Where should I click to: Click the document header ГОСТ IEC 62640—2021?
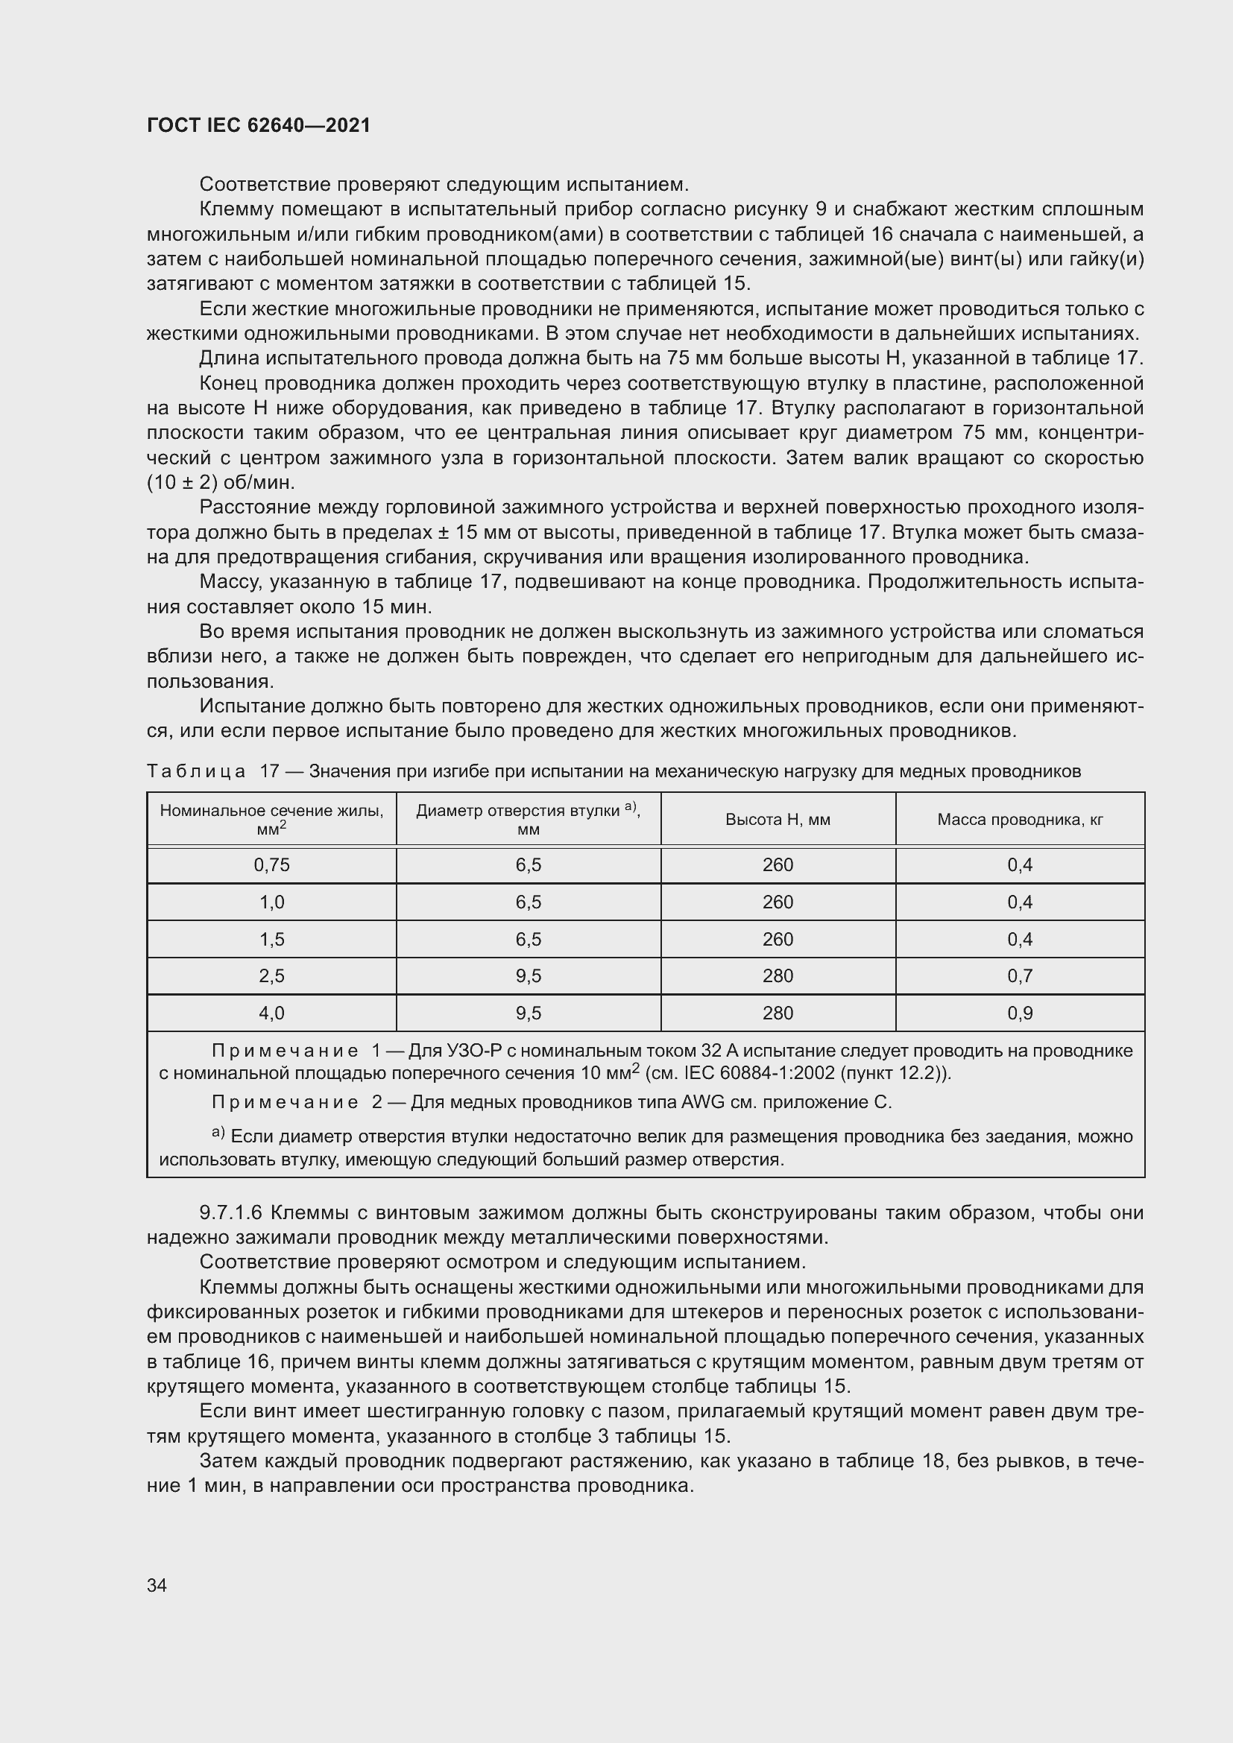259,125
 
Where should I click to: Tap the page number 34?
157,1585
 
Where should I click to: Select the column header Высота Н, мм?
778,819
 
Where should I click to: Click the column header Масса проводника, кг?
1020,819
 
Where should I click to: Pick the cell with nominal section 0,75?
272,864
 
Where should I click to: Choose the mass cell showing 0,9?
1020,1013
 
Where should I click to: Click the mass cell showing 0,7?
1020,975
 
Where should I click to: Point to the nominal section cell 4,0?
272,1013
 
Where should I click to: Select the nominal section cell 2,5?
272,975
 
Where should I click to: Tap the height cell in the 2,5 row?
778,975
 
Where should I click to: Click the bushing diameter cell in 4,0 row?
529,1013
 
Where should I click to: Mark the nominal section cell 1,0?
272,902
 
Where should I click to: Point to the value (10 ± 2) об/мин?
221,483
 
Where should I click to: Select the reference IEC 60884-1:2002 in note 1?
767,1073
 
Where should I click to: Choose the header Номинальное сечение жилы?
272,811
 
